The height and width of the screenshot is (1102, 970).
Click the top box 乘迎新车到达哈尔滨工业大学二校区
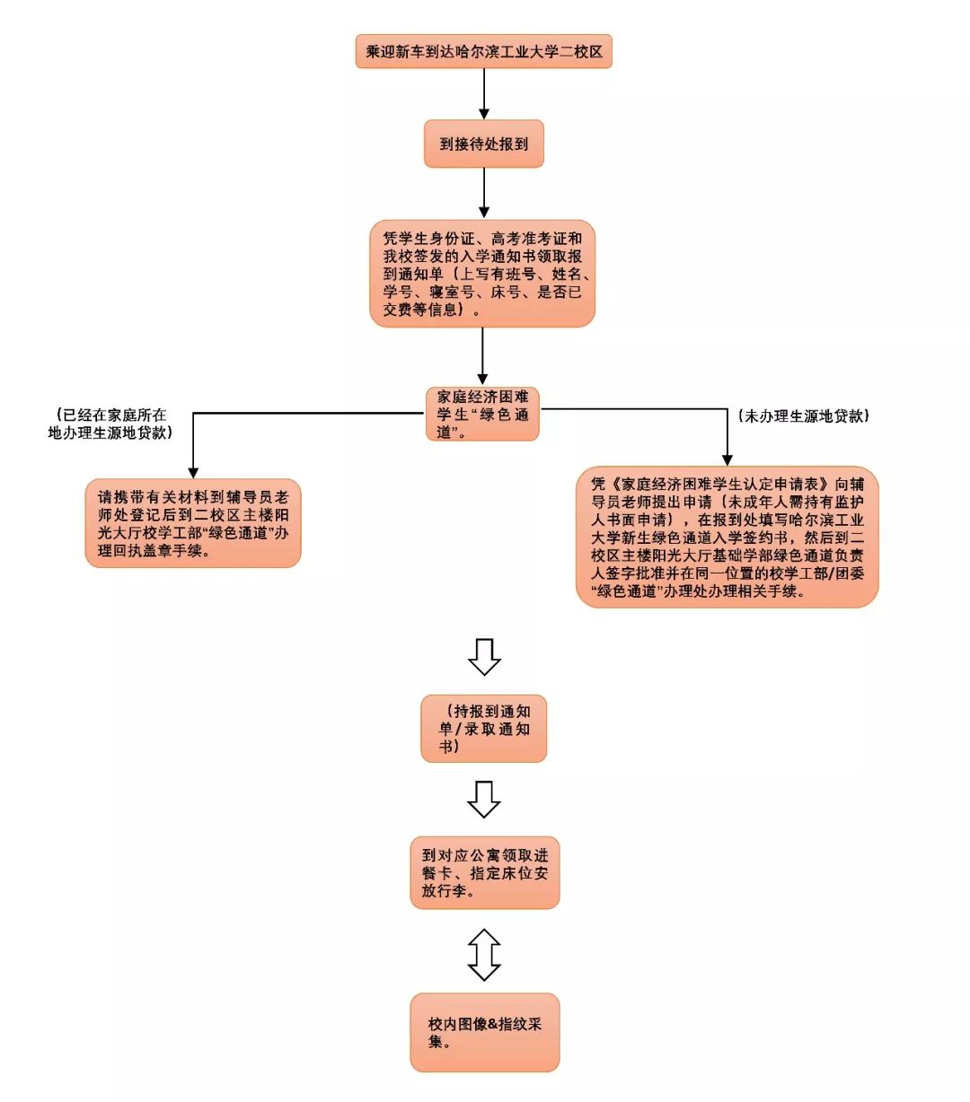point(483,52)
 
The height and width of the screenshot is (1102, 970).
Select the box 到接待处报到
point(483,144)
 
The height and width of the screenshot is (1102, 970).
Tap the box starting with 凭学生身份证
point(482,274)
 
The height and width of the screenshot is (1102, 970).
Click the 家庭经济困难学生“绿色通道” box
point(482,414)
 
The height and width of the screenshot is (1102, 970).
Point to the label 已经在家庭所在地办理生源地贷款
point(110,424)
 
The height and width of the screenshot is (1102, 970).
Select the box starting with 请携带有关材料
point(193,523)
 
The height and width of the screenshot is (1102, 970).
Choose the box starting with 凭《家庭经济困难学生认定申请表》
point(727,537)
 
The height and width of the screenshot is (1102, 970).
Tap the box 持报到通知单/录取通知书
point(483,729)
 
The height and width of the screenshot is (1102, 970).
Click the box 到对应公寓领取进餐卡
point(484,873)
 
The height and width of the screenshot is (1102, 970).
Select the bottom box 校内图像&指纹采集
point(484,1032)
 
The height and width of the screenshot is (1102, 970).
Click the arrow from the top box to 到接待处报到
point(484,93)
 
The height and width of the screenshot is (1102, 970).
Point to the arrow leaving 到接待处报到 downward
point(484,192)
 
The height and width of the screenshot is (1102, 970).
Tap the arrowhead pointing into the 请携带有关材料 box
point(192,471)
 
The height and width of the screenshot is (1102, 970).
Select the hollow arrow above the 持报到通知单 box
point(484,656)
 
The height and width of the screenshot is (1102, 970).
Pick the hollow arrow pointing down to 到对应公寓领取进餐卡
point(484,799)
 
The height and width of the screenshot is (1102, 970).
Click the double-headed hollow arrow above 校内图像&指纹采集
point(484,955)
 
